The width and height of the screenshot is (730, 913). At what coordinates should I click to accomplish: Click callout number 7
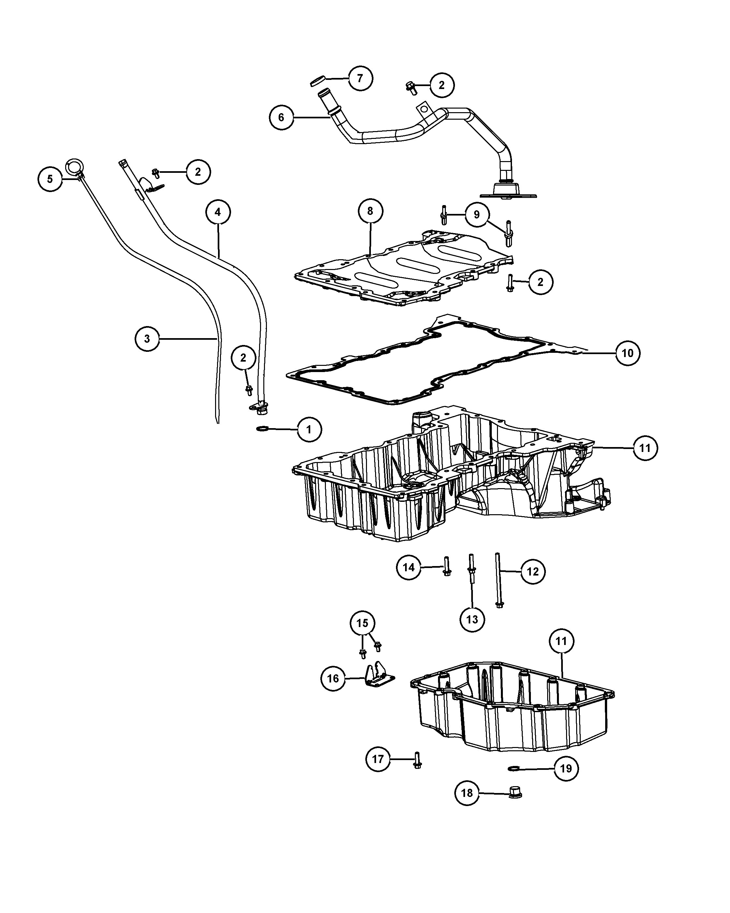tap(360, 78)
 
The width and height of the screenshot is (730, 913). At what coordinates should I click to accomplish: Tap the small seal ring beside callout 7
tap(317, 81)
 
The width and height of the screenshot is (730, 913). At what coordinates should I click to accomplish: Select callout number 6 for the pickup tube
tap(282, 117)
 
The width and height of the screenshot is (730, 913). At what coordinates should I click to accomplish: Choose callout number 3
tap(147, 339)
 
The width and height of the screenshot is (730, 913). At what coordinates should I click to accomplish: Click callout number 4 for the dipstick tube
tap(218, 212)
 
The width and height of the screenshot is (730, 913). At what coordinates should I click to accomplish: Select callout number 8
tap(370, 211)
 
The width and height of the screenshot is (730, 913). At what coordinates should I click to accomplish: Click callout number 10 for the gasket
tap(628, 353)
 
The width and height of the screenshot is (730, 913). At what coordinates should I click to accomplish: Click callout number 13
tap(472, 620)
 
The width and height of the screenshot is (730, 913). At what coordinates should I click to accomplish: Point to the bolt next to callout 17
tap(417, 760)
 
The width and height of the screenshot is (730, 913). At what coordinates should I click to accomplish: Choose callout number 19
tap(566, 768)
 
